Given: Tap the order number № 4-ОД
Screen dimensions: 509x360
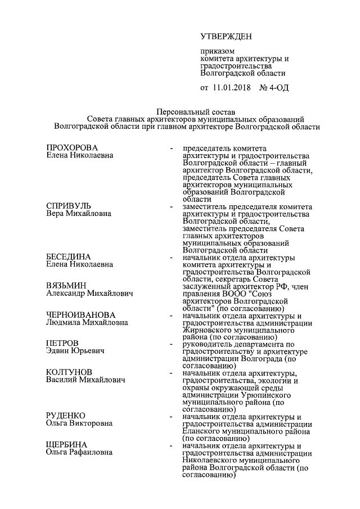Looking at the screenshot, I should [274, 88].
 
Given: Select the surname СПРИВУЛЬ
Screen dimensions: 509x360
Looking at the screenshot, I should [68, 206].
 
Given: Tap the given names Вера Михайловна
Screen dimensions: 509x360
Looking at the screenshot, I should [79, 214].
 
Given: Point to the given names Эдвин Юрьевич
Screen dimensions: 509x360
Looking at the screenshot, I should [75, 352].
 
